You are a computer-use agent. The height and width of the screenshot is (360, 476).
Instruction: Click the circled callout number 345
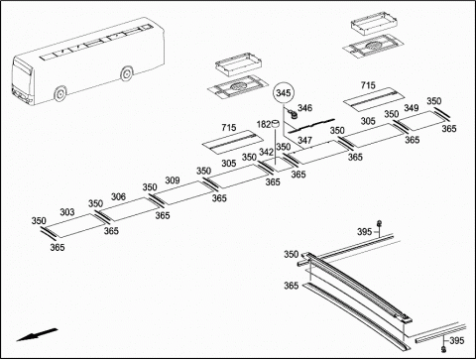[x=284, y=93]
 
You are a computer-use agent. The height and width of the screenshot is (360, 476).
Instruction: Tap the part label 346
[x=304, y=108]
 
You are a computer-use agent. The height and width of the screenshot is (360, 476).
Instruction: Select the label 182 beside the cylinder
[x=264, y=124]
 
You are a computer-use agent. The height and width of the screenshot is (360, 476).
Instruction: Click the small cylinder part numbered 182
[x=275, y=124]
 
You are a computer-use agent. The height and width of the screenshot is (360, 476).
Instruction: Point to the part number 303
[x=67, y=212]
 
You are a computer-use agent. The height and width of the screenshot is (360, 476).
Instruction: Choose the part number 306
[x=118, y=196]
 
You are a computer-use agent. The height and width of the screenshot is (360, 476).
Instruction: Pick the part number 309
[x=173, y=180]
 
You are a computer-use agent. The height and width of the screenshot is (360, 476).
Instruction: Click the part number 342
[x=266, y=152]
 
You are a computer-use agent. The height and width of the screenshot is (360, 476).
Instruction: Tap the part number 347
[x=304, y=140]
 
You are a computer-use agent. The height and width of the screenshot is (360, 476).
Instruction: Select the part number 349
[x=411, y=108]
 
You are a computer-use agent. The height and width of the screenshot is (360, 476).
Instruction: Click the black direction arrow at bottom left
[x=37, y=334]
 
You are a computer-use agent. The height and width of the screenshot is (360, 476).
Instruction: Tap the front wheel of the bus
[x=59, y=93]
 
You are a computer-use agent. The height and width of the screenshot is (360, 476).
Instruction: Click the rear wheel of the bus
[x=126, y=73]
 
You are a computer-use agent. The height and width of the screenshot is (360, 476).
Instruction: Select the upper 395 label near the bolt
[x=364, y=232]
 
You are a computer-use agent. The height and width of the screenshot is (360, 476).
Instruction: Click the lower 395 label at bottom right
[x=457, y=340]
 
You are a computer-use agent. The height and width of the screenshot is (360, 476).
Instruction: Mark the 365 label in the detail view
[x=292, y=286]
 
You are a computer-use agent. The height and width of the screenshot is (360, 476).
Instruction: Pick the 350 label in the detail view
[x=292, y=254]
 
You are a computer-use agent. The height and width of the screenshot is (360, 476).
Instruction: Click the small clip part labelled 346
[x=293, y=114]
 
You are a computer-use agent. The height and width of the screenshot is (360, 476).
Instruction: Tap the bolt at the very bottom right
[x=444, y=349]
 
